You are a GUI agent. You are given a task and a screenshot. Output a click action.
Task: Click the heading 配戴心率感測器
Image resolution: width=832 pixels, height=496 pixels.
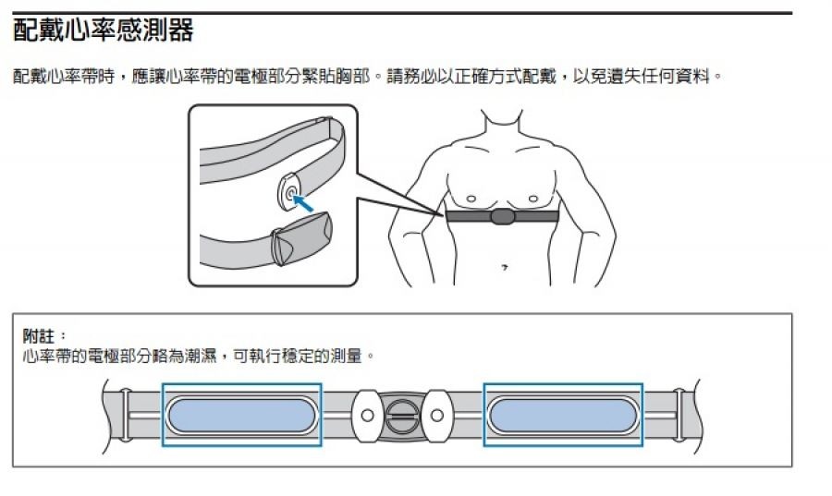pos(103,30)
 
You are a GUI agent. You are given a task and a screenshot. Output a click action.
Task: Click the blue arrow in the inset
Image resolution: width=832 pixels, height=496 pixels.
pos(304,204)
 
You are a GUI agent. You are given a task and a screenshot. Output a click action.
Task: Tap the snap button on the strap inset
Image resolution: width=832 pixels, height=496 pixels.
pos(291,193)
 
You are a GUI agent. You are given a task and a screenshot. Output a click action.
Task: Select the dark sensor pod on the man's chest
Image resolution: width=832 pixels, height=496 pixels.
pos(502,216)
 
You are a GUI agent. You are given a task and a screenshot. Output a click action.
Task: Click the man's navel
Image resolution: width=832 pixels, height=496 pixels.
pos(504,267)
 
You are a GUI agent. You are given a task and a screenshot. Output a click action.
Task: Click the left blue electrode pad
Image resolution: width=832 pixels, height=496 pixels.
pos(241,416)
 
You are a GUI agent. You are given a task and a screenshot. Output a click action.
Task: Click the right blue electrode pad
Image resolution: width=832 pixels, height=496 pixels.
pos(563,416)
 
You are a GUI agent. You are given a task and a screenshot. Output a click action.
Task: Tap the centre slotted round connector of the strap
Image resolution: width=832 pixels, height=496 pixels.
pos(402,415)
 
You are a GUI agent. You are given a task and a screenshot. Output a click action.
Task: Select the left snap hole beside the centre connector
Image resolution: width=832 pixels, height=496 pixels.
pos(367,416)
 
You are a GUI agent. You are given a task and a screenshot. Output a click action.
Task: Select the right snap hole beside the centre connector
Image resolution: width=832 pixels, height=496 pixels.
pos(437,416)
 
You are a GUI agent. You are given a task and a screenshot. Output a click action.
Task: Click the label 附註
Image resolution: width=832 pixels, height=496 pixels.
pos(38,335)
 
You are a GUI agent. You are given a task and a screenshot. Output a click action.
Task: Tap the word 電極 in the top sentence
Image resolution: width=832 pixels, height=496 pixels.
pos(251,77)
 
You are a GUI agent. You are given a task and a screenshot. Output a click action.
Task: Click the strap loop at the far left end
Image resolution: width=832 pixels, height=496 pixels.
pos(125,415)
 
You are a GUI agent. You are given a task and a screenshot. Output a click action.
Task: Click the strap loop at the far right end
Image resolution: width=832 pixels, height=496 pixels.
pos(679,415)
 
